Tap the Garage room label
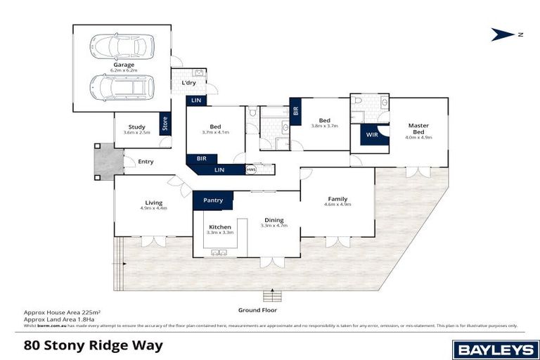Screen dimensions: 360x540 pos(124,65)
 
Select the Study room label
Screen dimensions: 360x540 pos(136,127)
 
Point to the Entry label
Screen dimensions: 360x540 pos(146,162)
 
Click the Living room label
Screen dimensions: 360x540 pos(153,202)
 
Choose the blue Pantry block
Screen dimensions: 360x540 pos(213,200)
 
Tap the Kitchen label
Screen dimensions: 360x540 pos(221,226)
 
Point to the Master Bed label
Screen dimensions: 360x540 pos(418,129)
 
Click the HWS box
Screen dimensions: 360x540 pos(251,169)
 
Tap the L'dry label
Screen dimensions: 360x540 pos(188,83)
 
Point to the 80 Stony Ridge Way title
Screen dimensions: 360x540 pos(93,345)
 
